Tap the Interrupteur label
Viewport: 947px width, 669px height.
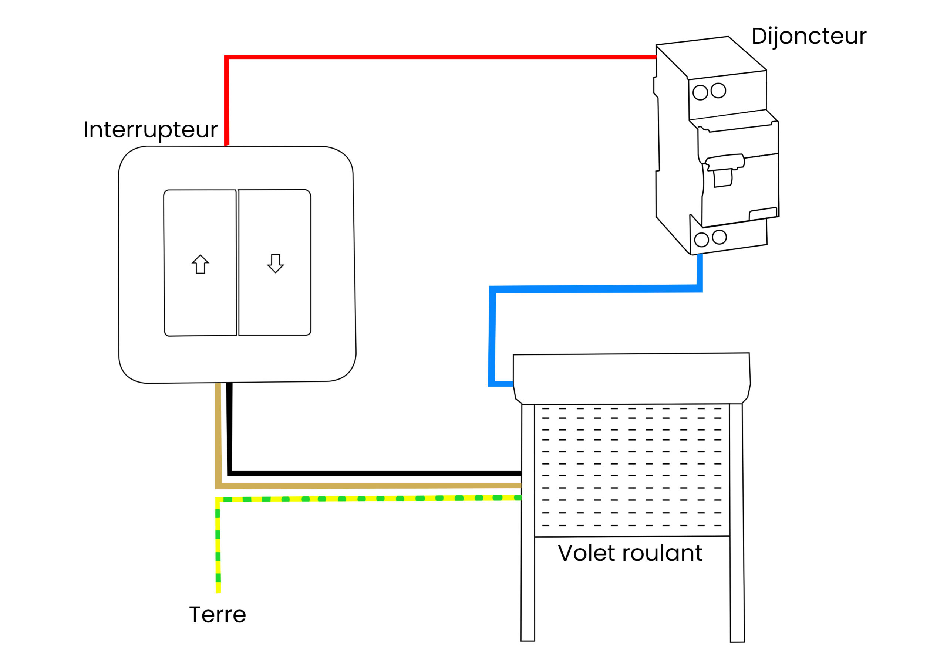(151, 130)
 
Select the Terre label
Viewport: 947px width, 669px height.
(218, 615)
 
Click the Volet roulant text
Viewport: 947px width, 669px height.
(630, 553)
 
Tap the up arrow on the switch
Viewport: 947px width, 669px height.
(200, 264)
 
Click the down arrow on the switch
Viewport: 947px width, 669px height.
(276, 264)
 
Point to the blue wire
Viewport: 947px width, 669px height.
(594, 289)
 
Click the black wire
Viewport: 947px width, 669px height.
(371, 473)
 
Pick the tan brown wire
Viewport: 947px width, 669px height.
(371, 486)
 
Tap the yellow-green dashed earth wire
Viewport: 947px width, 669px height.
(371, 499)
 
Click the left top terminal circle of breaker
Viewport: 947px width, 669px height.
(700, 92)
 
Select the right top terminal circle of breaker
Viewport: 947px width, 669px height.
(718, 90)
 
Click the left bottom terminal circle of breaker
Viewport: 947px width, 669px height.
(701, 240)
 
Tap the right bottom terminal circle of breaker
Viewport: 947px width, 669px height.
(719, 237)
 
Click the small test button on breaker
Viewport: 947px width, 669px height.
(763, 214)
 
